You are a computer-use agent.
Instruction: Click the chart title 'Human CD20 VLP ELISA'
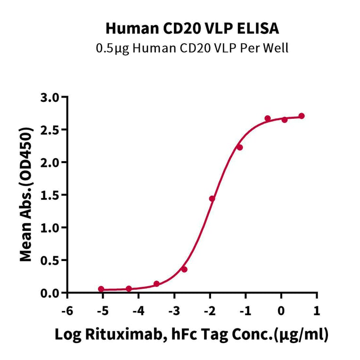[x=192, y=28]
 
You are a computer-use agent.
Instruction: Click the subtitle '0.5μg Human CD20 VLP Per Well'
[x=192, y=48]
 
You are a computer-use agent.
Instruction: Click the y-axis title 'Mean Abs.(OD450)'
[x=26, y=194]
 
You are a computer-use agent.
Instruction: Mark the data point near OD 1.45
[x=212, y=198]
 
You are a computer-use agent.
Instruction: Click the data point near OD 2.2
[x=239, y=147]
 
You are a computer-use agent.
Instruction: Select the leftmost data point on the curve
[x=101, y=289]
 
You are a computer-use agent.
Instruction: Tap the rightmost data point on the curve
[x=302, y=116]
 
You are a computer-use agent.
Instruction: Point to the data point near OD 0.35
[x=184, y=270]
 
